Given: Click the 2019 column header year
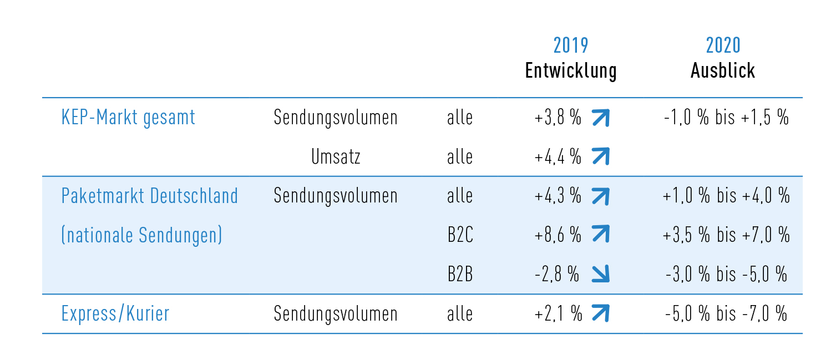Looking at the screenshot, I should tap(570, 45).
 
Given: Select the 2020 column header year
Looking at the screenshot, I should tap(723, 45).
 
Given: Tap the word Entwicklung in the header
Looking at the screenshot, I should tap(570, 71).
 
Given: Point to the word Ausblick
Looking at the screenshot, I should tap(723, 71).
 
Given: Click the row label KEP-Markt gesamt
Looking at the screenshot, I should tap(128, 118).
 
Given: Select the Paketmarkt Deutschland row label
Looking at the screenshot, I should tap(150, 196).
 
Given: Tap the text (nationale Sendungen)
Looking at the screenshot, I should tap(141, 235).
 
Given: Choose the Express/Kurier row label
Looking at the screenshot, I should tap(115, 314).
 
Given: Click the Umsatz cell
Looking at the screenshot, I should tap(336, 157).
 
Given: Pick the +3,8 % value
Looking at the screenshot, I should tap(558, 118).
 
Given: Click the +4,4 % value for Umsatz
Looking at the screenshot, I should tap(558, 157).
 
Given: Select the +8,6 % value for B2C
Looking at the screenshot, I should tap(558, 235).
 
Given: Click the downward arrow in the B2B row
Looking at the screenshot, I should tap(600, 275).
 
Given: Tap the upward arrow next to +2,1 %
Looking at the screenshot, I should tap(600, 314).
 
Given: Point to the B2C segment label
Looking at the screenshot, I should tap(460, 235).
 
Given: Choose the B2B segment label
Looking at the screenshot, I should tap(460, 275).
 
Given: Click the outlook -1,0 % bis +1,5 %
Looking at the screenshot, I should tap(726, 118).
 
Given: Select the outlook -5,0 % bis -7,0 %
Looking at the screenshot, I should tap(726, 314).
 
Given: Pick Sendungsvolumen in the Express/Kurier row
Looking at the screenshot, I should tap(336, 314).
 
